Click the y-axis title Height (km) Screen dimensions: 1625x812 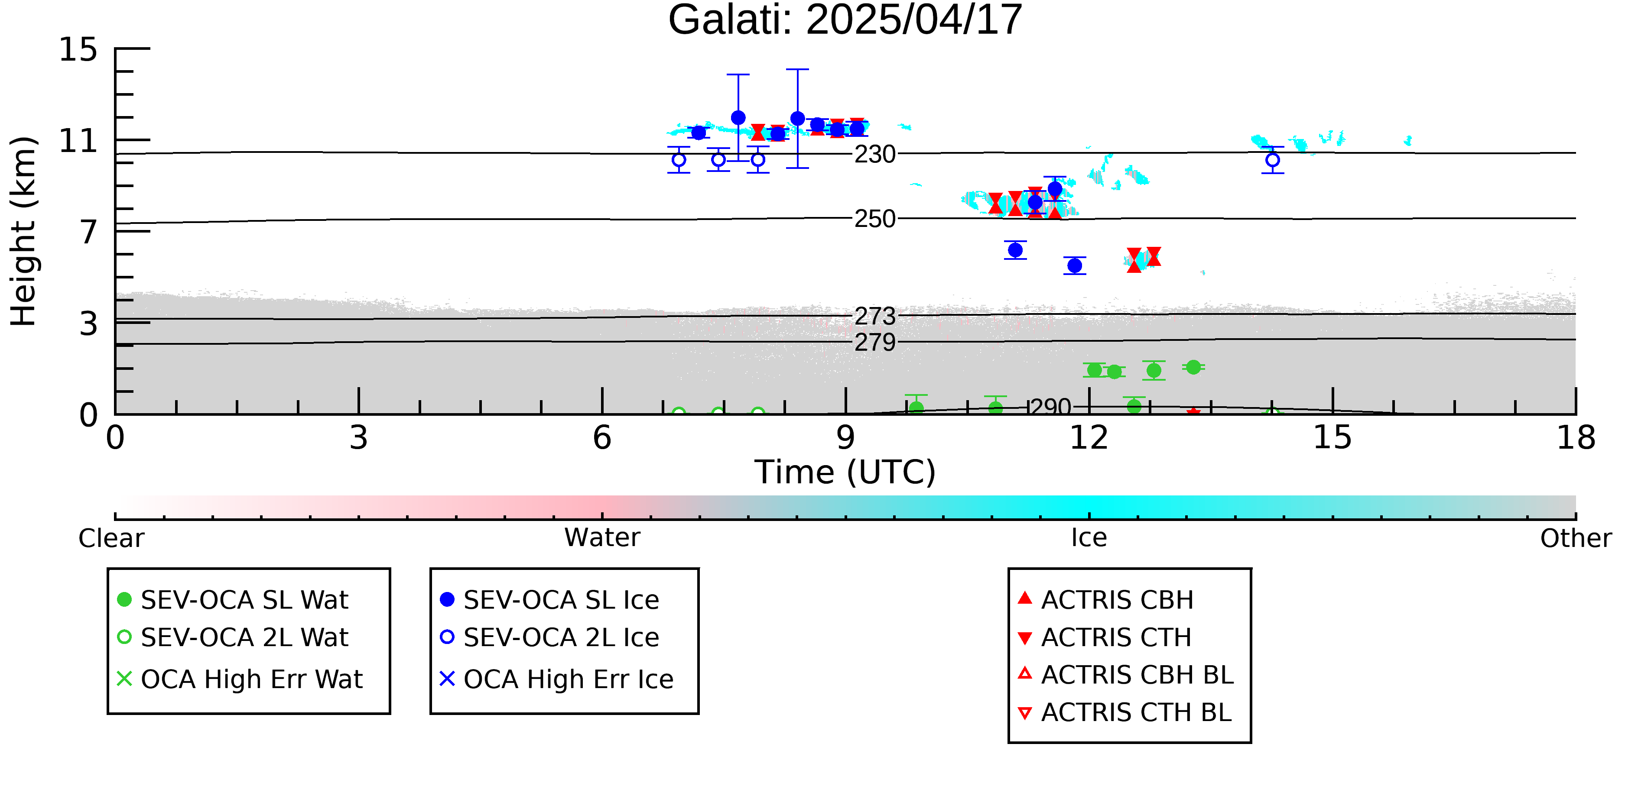pos(24,231)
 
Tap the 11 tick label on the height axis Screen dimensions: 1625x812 pos(78,141)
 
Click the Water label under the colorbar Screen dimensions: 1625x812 pos(602,538)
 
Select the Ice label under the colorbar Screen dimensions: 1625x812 pos(1089,538)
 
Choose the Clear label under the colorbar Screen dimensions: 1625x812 pos(111,538)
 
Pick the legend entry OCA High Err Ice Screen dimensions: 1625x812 pos(556,679)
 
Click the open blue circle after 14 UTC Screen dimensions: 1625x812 pos(1272,160)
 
